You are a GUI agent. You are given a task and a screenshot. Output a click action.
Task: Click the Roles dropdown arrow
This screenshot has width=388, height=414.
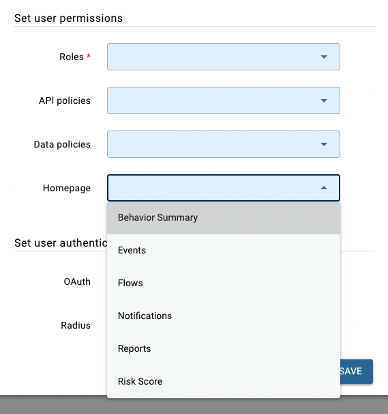[324, 57]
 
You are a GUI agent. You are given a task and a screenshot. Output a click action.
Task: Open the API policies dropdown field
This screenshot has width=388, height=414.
[224, 100]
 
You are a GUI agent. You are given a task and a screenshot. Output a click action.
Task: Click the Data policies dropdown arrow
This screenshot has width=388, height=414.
[324, 144]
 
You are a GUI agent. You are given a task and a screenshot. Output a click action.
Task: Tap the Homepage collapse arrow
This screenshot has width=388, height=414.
[324, 188]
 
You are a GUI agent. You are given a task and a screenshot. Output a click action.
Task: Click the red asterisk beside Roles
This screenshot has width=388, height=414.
[89, 55]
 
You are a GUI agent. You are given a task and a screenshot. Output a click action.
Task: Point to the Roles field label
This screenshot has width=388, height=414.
[72, 57]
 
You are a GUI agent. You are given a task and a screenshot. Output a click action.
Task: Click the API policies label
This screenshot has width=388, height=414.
[65, 100]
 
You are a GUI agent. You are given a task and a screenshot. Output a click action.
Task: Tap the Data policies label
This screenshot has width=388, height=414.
[62, 144]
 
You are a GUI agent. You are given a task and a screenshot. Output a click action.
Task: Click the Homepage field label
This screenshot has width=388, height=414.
[67, 189]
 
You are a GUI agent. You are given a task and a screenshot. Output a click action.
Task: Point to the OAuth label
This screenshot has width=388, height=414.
[77, 281]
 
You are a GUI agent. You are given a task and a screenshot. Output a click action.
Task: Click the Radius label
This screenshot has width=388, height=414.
[76, 325]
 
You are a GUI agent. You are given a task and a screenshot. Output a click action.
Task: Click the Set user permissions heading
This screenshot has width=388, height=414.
[69, 18]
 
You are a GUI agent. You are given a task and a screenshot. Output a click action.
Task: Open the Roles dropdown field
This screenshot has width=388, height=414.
[224, 57]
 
